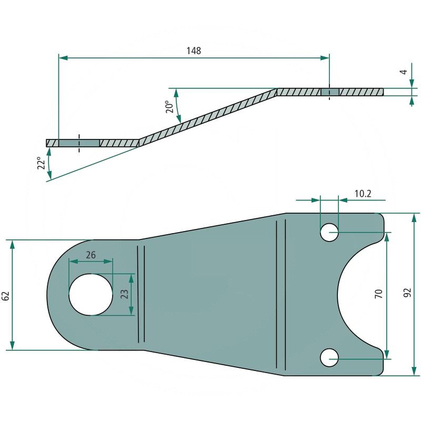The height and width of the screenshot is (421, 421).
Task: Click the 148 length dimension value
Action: coord(194,51)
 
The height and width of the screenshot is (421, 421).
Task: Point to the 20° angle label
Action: coord(169,107)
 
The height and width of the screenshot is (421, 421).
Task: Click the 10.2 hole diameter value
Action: coord(363,194)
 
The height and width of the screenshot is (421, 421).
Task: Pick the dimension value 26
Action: coord(91,255)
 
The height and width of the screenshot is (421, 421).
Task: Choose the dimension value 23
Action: coord(125,294)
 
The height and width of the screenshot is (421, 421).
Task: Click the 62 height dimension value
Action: coord(6,295)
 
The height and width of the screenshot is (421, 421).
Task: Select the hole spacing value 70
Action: coord(378,294)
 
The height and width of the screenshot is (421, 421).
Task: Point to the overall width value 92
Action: coord(407,294)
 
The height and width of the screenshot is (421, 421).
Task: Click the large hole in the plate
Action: coord(91,294)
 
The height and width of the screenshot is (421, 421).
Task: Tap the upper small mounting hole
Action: coord(329,232)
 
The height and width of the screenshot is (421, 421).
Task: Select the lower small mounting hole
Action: coord(329,357)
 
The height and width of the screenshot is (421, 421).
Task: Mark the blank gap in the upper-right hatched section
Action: coord(330,92)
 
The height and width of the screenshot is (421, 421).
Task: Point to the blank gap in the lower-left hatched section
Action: coord(79,143)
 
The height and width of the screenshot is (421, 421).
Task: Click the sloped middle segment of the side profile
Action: coord(208,116)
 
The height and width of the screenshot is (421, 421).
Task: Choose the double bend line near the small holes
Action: coord(281,295)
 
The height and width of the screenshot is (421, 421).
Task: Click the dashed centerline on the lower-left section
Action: coord(79,143)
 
